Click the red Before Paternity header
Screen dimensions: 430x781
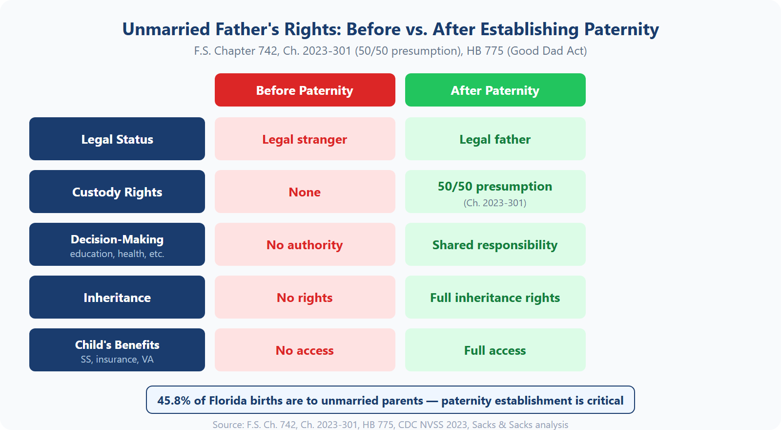click(305, 90)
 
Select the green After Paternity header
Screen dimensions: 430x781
click(495, 90)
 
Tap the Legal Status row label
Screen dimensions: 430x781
click(117, 139)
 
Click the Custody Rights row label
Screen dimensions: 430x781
click(117, 192)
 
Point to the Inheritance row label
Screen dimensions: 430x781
click(117, 298)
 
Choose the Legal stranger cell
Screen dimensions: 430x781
click(305, 139)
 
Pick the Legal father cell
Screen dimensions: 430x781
click(495, 139)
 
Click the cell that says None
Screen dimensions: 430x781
click(305, 192)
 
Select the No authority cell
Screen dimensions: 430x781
click(305, 245)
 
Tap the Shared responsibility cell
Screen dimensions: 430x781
click(495, 245)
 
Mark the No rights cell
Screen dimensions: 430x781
click(305, 298)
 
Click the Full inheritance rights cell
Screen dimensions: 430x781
click(495, 298)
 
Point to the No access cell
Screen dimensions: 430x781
click(305, 350)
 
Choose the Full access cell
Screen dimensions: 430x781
click(495, 350)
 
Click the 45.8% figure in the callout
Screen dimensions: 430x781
click(174, 401)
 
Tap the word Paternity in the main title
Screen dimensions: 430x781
click(621, 29)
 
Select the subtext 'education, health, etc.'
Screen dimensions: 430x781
click(117, 254)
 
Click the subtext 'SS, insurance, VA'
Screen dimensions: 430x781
click(117, 360)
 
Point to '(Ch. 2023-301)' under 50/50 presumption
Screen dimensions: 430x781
click(495, 203)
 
